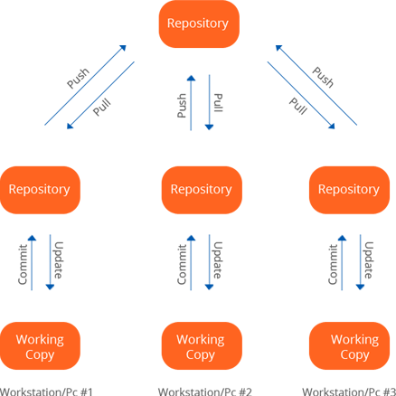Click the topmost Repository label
click(x=197, y=24)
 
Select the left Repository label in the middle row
click(x=39, y=190)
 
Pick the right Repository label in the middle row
click(x=348, y=190)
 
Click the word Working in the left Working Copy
click(x=40, y=339)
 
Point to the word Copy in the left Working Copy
click(x=40, y=354)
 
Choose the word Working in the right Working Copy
click(x=354, y=339)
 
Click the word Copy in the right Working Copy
click(x=354, y=354)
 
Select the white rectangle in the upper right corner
click(x=363, y=41)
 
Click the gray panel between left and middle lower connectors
click(x=118, y=262)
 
